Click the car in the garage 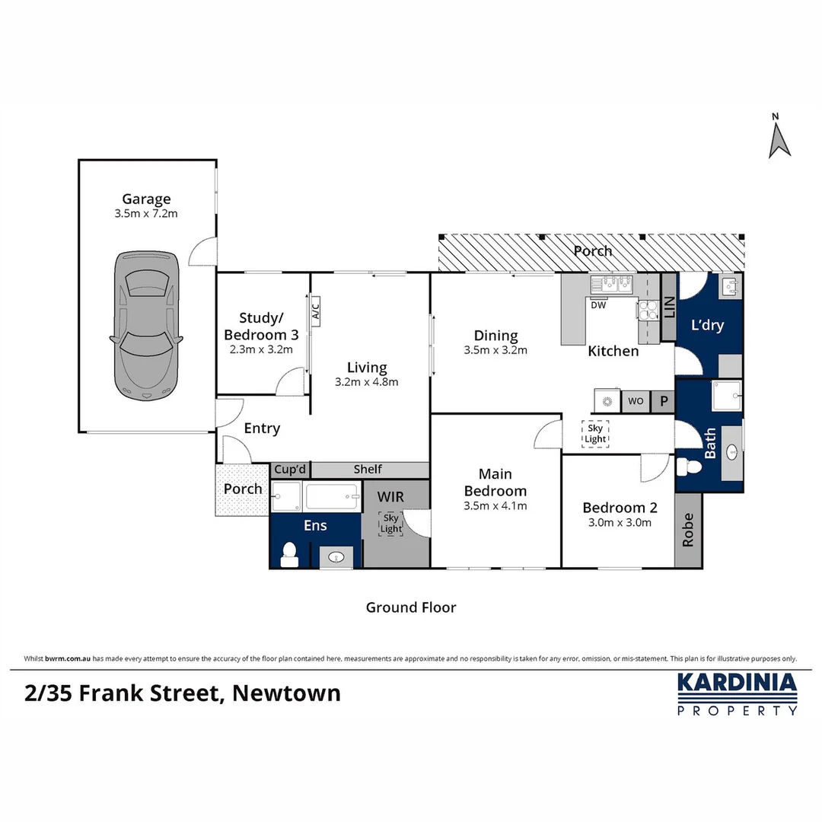click(x=146, y=326)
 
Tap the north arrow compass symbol click(x=779, y=136)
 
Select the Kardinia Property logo click(x=737, y=694)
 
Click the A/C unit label click(x=315, y=311)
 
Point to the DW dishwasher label click(x=598, y=305)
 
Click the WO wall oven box click(x=636, y=401)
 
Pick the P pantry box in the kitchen click(x=663, y=401)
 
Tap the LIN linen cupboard click(x=669, y=307)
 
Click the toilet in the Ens click(x=289, y=555)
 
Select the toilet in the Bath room click(x=689, y=466)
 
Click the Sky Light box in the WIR click(x=391, y=523)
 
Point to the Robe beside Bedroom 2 click(x=688, y=530)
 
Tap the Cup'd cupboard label click(x=290, y=469)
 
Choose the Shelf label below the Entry click(x=368, y=469)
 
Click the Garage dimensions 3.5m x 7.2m click(x=146, y=213)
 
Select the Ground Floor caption click(x=411, y=607)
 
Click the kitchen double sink click(x=611, y=284)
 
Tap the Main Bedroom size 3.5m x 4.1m click(x=495, y=506)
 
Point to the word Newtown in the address click(x=286, y=693)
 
